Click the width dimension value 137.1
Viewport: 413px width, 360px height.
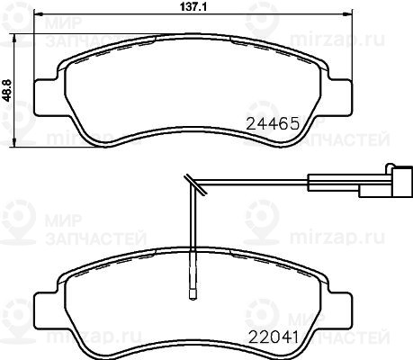(193, 7)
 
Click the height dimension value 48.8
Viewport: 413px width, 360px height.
(6, 90)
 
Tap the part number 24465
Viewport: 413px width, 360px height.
(273, 123)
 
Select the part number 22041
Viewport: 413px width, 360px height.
(273, 337)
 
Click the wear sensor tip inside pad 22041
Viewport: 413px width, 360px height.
(193, 294)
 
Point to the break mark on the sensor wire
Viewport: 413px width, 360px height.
(195, 184)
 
